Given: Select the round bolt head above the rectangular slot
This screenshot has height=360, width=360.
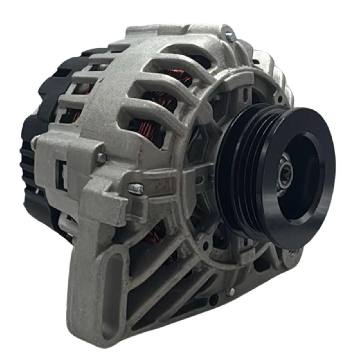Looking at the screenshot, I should (x=102, y=157).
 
